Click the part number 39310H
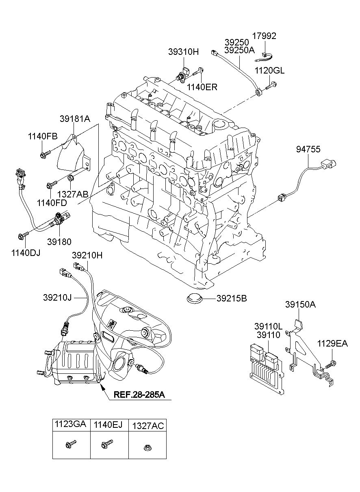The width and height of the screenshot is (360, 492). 183,52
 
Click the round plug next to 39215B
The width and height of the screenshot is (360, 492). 195,298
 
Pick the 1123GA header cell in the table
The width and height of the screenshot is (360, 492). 71,425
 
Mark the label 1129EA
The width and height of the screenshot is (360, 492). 332,344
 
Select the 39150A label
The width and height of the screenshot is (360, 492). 301,305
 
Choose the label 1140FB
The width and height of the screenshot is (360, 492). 43,137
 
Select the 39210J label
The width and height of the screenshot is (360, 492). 57,297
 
